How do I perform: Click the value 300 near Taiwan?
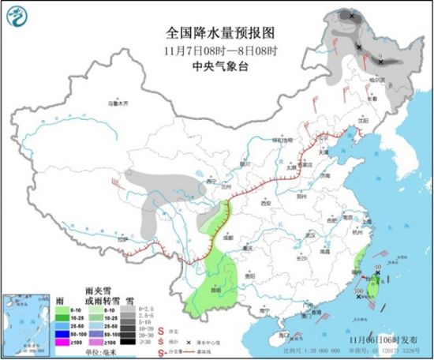359,291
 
